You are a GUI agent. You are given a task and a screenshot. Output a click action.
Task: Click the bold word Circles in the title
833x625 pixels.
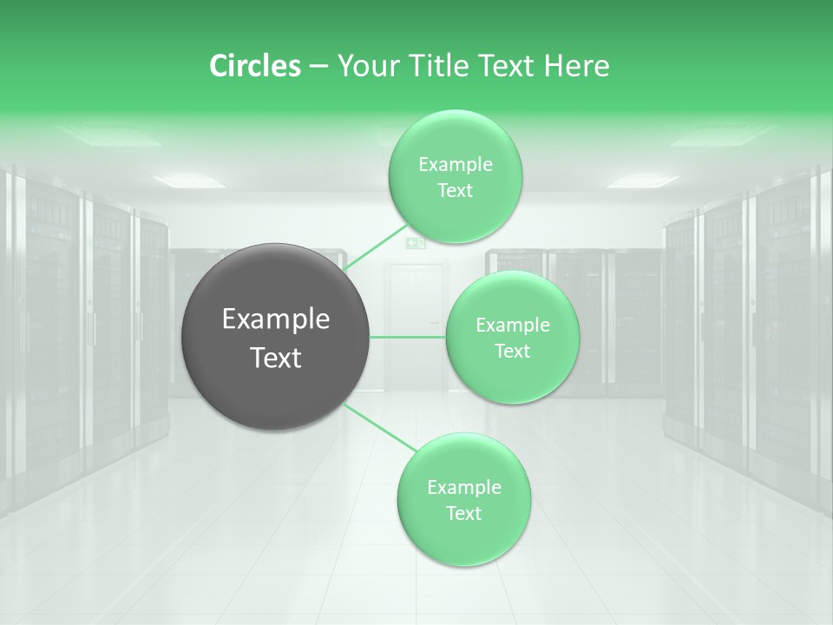pos(255,66)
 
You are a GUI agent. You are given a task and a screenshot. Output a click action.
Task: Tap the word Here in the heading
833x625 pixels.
pos(576,66)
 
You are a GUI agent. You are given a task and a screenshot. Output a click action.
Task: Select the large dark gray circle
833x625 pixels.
pos(275,337)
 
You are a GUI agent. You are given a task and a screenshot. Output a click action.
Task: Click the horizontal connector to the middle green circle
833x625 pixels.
pos(408,337)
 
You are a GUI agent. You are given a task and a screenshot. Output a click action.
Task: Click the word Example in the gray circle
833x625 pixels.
pos(275,319)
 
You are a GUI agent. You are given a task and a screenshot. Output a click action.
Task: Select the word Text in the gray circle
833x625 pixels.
pos(275,358)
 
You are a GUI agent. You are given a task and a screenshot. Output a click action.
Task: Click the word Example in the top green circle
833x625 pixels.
pos(455,164)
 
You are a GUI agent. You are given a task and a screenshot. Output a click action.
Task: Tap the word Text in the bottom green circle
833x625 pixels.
pos(463,513)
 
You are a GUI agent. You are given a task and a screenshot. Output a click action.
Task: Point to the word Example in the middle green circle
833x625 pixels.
pos(512,325)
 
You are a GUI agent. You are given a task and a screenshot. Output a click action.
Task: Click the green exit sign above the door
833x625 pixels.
pos(416,244)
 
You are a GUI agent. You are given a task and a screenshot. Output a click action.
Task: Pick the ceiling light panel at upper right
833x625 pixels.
pos(641,181)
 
